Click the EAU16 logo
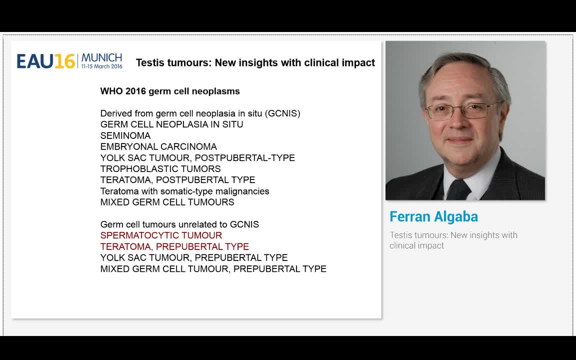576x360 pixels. point(46,61)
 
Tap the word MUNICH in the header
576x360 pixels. point(101,57)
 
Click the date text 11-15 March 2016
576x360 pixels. point(101,66)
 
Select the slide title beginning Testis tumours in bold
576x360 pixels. point(255,62)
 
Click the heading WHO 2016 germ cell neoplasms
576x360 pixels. point(170,91)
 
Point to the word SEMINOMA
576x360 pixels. point(125,135)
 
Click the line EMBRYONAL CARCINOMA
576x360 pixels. point(158,146)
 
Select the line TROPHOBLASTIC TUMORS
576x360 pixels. point(160,168)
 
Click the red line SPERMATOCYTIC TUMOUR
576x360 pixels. point(161,235)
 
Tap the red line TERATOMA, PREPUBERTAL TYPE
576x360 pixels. point(174,246)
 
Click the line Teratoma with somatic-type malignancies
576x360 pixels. point(184,191)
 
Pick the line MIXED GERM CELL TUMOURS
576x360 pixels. point(167,202)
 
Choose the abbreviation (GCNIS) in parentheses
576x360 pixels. point(283,113)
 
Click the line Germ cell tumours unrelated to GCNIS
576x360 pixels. point(179,224)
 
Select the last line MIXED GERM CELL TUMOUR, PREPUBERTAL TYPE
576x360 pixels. point(213,268)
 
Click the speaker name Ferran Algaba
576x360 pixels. point(433,216)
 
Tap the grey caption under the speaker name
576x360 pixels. point(453,240)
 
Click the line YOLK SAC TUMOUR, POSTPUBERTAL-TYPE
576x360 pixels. point(197,157)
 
